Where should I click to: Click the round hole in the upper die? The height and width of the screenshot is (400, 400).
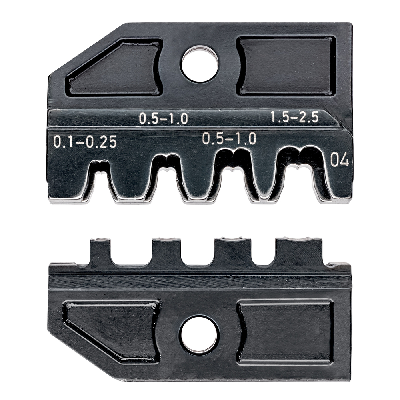pos(200,64)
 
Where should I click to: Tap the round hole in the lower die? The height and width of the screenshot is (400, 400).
pos(198,335)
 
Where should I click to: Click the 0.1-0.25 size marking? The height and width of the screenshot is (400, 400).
pos(85,142)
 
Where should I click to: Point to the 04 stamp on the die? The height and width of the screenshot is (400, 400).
pos(340,161)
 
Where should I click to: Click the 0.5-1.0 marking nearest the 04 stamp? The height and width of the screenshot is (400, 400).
pos(229,138)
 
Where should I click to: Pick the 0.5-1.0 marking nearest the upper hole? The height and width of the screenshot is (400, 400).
pos(163,118)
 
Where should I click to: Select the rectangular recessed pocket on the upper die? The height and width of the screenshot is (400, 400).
pos(286,66)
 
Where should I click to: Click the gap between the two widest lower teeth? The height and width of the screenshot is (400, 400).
pos(264,256)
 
